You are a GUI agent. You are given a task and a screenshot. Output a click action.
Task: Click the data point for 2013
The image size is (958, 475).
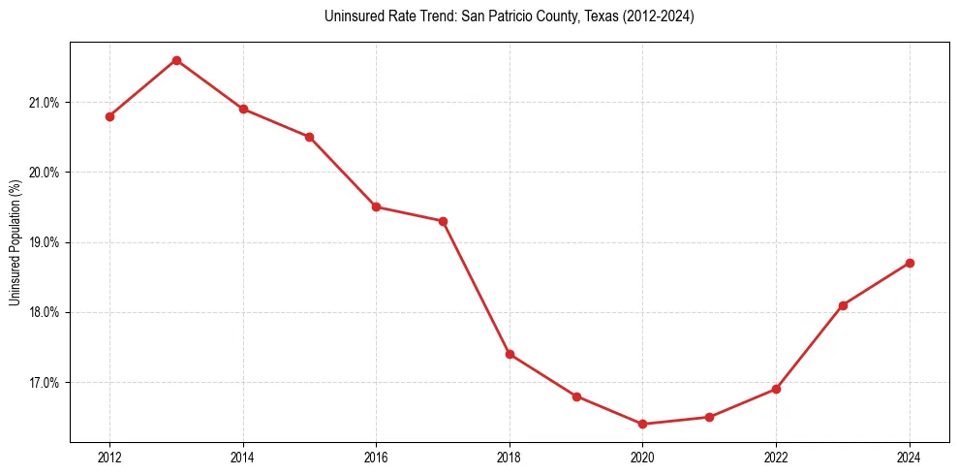point(176,60)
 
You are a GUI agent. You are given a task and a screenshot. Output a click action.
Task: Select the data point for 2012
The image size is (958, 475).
point(109,116)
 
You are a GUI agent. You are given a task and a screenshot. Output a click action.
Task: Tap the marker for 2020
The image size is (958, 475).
point(642,424)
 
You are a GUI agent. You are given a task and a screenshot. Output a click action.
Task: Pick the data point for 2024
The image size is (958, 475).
point(910,263)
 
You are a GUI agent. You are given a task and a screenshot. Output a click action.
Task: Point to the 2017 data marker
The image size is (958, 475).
point(443,221)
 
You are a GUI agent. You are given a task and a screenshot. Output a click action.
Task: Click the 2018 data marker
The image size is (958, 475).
point(510,354)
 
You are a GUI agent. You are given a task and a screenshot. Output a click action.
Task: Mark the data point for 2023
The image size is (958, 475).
point(843,305)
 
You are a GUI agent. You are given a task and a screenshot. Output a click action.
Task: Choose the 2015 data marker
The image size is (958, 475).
point(309,137)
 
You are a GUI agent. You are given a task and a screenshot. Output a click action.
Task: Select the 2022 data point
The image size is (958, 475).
point(776,389)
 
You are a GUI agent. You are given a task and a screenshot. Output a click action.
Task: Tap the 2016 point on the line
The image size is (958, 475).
point(376,206)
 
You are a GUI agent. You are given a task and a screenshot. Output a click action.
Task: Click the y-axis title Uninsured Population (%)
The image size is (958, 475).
point(15,242)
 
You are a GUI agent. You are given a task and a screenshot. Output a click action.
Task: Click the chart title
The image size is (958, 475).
point(510,16)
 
